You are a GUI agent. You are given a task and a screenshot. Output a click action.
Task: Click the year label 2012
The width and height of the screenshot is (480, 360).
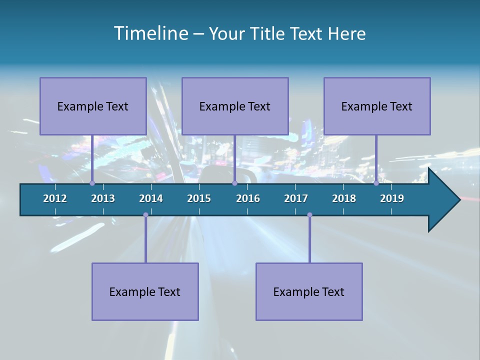click(55, 198)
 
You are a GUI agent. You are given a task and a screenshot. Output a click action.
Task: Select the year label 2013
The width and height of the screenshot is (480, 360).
click(103, 198)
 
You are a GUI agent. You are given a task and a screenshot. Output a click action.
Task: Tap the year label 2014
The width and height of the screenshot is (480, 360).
click(151, 198)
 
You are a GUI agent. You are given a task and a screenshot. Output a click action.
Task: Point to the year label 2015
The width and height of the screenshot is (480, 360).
click(199, 198)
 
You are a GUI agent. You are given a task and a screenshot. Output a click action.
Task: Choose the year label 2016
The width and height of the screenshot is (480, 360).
click(248, 198)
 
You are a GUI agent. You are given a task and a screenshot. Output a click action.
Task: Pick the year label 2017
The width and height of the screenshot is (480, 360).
click(296, 198)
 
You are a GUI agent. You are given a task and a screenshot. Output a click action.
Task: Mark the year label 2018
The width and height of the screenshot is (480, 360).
click(344, 198)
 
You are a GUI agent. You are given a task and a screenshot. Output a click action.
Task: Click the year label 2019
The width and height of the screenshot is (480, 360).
click(392, 198)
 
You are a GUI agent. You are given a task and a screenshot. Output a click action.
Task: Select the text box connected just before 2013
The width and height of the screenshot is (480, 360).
click(93, 106)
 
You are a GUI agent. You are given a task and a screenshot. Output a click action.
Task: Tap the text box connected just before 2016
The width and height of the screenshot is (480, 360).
click(235, 106)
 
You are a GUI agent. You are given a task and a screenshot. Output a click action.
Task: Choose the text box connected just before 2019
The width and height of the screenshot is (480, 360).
click(377, 106)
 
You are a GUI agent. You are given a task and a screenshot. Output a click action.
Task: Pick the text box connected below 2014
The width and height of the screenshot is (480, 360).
click(145, 291)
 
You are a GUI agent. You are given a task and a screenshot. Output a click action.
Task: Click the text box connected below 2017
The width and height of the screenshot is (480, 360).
click(309, 291)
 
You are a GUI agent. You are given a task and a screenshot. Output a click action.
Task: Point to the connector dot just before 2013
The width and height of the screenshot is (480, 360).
click(92, 183)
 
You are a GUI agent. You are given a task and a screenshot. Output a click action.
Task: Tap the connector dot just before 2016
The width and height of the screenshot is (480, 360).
click(234, 183)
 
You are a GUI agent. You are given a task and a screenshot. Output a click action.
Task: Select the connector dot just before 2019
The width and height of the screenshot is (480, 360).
click(376, 183)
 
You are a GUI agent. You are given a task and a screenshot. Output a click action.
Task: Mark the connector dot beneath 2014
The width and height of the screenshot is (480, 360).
click(145, 215)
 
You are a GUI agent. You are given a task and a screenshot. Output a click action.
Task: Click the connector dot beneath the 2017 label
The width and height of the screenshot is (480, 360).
click(309, 215)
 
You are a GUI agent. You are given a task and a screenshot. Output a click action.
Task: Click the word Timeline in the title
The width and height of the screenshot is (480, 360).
click(151, 33)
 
